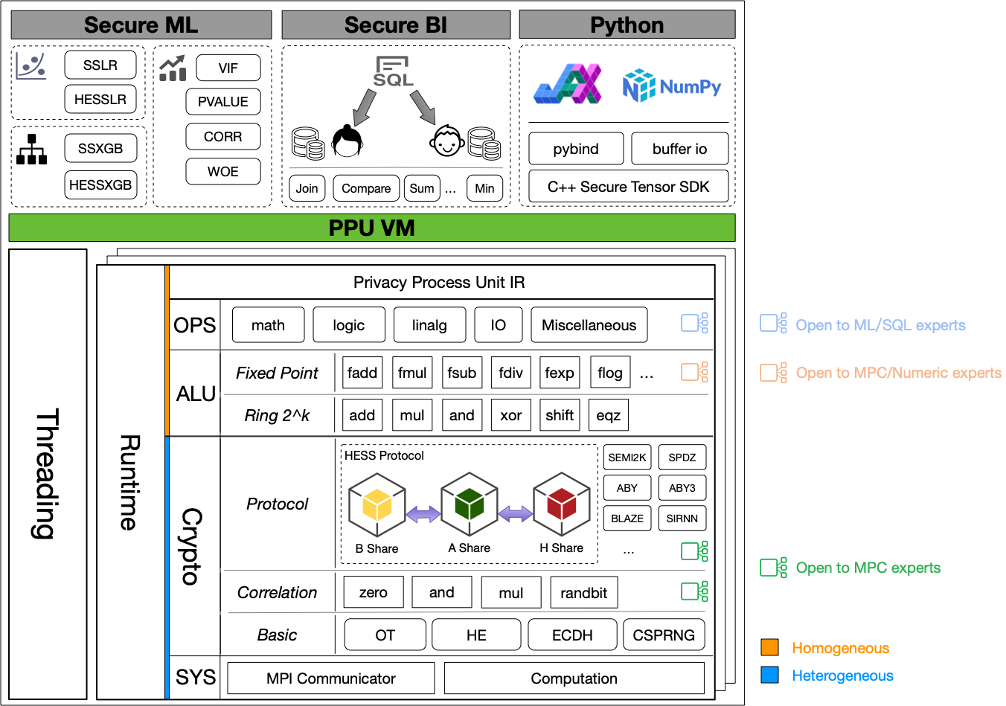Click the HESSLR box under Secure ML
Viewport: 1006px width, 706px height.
coord(100,100)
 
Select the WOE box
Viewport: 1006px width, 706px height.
coord(223,171)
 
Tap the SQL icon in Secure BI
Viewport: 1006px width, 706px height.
coord(393,71)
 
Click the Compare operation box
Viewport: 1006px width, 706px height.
coord(366,188)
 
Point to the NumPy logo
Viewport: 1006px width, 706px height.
coord(672,86)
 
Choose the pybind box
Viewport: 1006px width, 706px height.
coord(576,149)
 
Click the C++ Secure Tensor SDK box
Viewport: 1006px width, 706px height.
coord(628,187)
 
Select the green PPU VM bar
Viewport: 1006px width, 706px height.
coord(372,228)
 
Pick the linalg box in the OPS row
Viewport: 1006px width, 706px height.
coord(429,325)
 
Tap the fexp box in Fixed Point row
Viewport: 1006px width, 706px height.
coord(559,373)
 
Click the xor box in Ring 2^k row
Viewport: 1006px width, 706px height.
coord(510,415)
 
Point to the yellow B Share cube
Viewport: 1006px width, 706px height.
coord(377,505)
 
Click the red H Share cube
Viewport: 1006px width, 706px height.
coord(562,505)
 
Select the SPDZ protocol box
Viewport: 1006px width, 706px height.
coord(682,458)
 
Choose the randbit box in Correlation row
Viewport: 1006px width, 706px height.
coord(583,593)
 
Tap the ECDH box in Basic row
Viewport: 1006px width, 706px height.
coord(572,635)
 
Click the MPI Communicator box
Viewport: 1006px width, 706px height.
coord(331,678)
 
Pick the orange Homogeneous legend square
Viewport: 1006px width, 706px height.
coord(770,647)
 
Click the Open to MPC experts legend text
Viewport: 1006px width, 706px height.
coord(868,568)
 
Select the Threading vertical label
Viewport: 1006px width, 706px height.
coord(48,473)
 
